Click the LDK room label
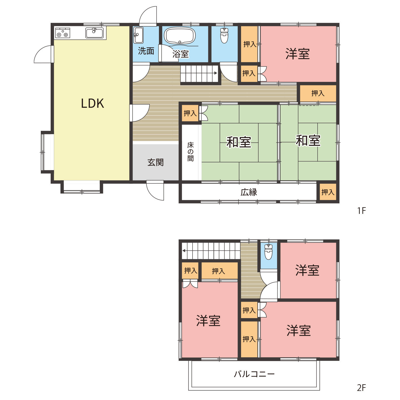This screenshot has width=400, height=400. tap(92, 103)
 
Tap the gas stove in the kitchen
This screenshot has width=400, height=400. tap(63, 33)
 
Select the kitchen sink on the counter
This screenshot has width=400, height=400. tap(94, 33)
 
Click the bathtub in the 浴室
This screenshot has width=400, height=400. tap(179, 35)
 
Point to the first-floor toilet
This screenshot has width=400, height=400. tap(225, 35)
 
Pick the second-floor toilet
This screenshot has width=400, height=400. tap(268, 251)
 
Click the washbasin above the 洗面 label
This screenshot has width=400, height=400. tap(138, 35)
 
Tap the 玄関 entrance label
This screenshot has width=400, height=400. tap(155, 162)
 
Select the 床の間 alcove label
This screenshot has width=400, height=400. tap(190, 152)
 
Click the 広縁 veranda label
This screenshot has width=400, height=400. tap(249, 192)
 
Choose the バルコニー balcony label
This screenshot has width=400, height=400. tap(254, 374)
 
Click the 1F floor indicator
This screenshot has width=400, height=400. tap(361, 211)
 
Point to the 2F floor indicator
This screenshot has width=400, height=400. tap(361, 387)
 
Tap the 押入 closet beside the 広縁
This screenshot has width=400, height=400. tap(328, 192)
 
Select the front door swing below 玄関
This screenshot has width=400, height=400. tap(155, 190)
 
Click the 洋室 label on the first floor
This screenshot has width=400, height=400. tap(297, 54)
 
